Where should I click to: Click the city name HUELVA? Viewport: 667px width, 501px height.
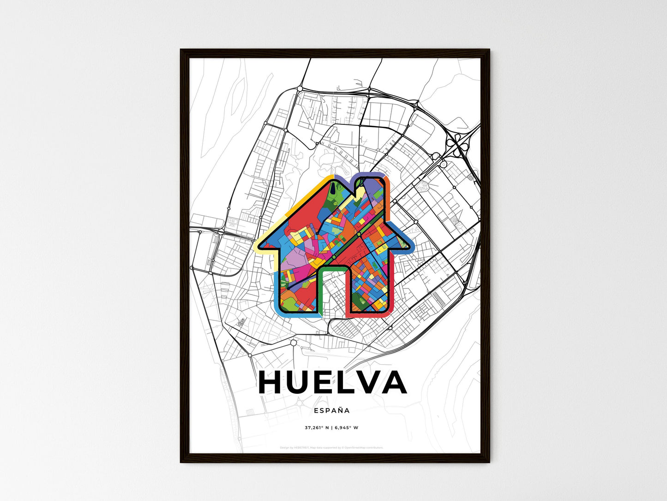332,383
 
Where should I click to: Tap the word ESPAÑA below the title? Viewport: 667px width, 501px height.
331,410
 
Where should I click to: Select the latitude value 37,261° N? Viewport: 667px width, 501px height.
316,428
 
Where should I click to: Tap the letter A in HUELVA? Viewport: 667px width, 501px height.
392,383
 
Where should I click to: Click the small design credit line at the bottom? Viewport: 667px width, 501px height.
331,447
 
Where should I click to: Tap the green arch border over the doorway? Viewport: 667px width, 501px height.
333,268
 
